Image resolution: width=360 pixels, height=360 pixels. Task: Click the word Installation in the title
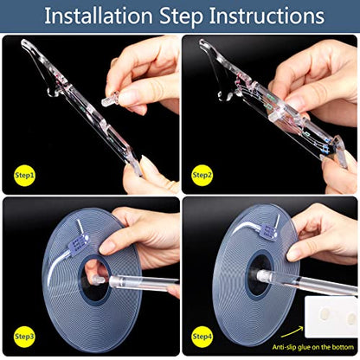point(99,16)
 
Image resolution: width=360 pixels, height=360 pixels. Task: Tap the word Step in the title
point(182,16)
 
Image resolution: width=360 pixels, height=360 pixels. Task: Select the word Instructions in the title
point(267,16)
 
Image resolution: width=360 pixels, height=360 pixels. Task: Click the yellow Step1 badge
point(25,176)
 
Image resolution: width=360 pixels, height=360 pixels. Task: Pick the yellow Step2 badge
point(202,175)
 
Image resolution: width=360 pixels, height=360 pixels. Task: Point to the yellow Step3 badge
point(25,337)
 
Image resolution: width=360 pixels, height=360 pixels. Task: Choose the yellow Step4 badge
point(202,337)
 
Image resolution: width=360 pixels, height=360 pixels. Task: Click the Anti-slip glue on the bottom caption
point(313,347)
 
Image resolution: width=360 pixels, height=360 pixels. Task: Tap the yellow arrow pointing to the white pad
point(292,331)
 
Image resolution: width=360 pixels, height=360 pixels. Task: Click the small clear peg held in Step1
point(110,98)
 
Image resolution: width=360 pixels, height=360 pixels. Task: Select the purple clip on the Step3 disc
point(79,243)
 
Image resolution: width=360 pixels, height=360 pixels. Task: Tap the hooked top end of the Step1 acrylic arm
point(28,45)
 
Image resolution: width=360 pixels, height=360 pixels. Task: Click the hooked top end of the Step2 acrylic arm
point(205,45)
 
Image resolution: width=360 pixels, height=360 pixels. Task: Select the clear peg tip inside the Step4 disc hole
point(262,274)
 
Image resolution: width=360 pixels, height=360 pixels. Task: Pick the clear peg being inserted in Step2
point(276,114)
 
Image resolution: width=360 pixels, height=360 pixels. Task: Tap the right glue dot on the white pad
point(352,318)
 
